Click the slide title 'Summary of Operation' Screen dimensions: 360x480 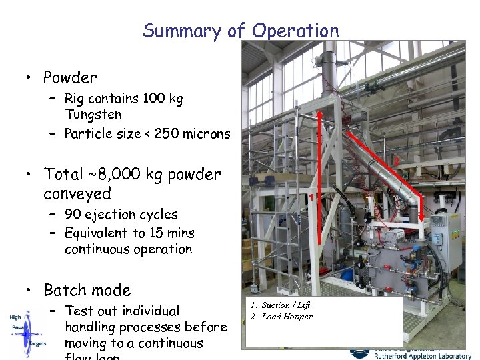[x=241, y=31]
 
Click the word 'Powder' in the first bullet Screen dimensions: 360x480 [x=70, y=78]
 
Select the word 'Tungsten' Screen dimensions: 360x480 [x=93, y=115]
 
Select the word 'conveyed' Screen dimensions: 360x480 [x=77, y=194]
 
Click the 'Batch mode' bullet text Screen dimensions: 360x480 [x=87, y=291]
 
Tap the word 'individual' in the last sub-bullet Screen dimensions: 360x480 [x=147, y=311]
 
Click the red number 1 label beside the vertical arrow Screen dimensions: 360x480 [x=311, y=197]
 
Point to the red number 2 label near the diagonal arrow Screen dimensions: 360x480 [x=395, y=161]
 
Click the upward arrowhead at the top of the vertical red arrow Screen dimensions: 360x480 [x=320, y=114]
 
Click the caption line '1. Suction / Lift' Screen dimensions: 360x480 [x=280, y=305]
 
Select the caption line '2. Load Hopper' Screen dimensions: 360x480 [x=281, y=317]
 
